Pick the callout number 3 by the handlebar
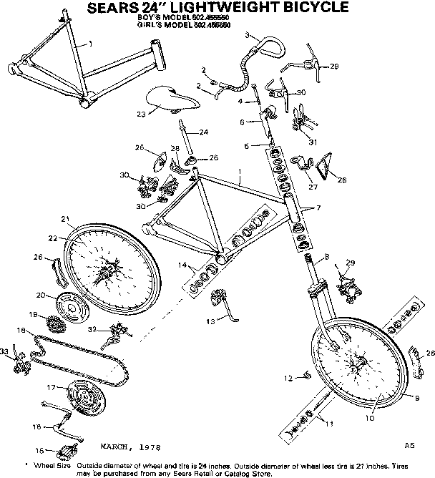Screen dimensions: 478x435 (x=247, y=35)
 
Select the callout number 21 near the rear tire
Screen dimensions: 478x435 (x=64, y=219)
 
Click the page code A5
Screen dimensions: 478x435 (x=409, y=445)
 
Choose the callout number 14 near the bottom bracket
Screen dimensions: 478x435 (x=182, y=266)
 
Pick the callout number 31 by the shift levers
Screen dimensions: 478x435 (x=312, y=142)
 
